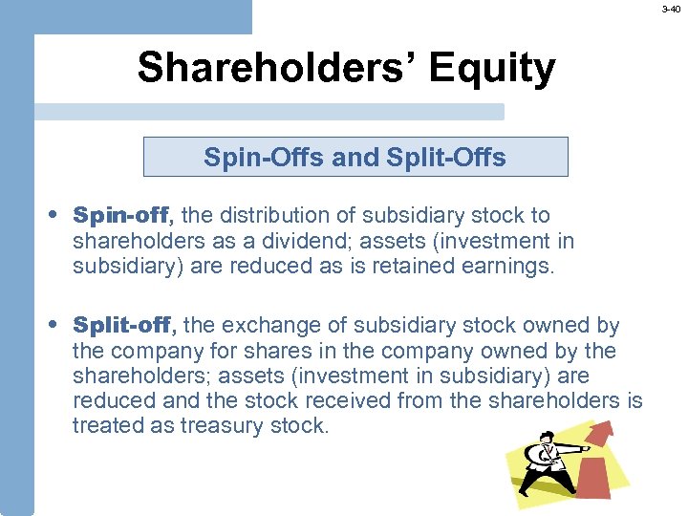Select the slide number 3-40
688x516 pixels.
click(x=673, y=9)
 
